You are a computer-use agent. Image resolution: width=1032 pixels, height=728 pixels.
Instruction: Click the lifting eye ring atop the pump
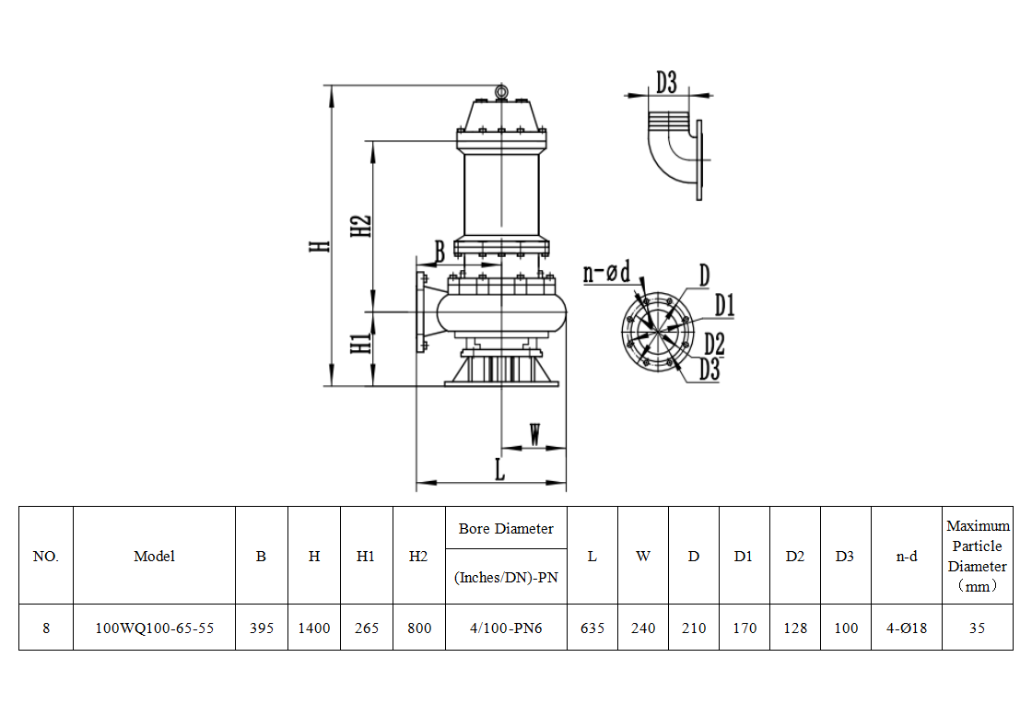point(501,91)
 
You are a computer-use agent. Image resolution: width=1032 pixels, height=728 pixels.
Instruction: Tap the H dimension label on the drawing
point(319,246)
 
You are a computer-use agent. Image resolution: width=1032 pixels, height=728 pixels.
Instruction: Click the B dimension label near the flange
point(440,250)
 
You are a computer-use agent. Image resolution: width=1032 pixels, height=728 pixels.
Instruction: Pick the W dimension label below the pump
point(535,434)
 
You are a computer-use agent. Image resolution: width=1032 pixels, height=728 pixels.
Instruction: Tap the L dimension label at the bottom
point(499,469)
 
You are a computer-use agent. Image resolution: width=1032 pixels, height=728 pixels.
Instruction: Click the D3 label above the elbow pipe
point(666,83)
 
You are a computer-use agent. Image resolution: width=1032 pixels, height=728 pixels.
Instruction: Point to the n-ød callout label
point(606,273)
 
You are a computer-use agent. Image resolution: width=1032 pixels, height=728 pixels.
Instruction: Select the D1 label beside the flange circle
point(723,305)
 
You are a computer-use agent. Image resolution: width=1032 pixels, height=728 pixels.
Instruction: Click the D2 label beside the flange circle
point(714,344)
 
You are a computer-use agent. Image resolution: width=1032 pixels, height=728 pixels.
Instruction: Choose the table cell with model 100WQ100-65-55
point(154,628)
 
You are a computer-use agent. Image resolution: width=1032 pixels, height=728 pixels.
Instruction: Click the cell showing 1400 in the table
point(314,628)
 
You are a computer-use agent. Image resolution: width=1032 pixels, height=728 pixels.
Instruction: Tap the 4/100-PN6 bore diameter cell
point(506,628)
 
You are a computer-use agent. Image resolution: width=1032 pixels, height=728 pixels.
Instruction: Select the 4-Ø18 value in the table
point(907,628)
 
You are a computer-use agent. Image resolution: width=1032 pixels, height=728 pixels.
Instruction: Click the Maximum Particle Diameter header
point(978,556)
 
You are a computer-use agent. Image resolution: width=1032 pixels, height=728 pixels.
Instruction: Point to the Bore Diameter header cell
point(506,529)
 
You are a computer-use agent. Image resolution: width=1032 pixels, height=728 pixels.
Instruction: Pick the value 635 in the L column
point(592,628)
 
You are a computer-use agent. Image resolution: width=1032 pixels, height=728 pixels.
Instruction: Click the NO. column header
point(46,557)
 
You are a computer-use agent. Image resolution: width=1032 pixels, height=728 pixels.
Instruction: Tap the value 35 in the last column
point(978,628)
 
